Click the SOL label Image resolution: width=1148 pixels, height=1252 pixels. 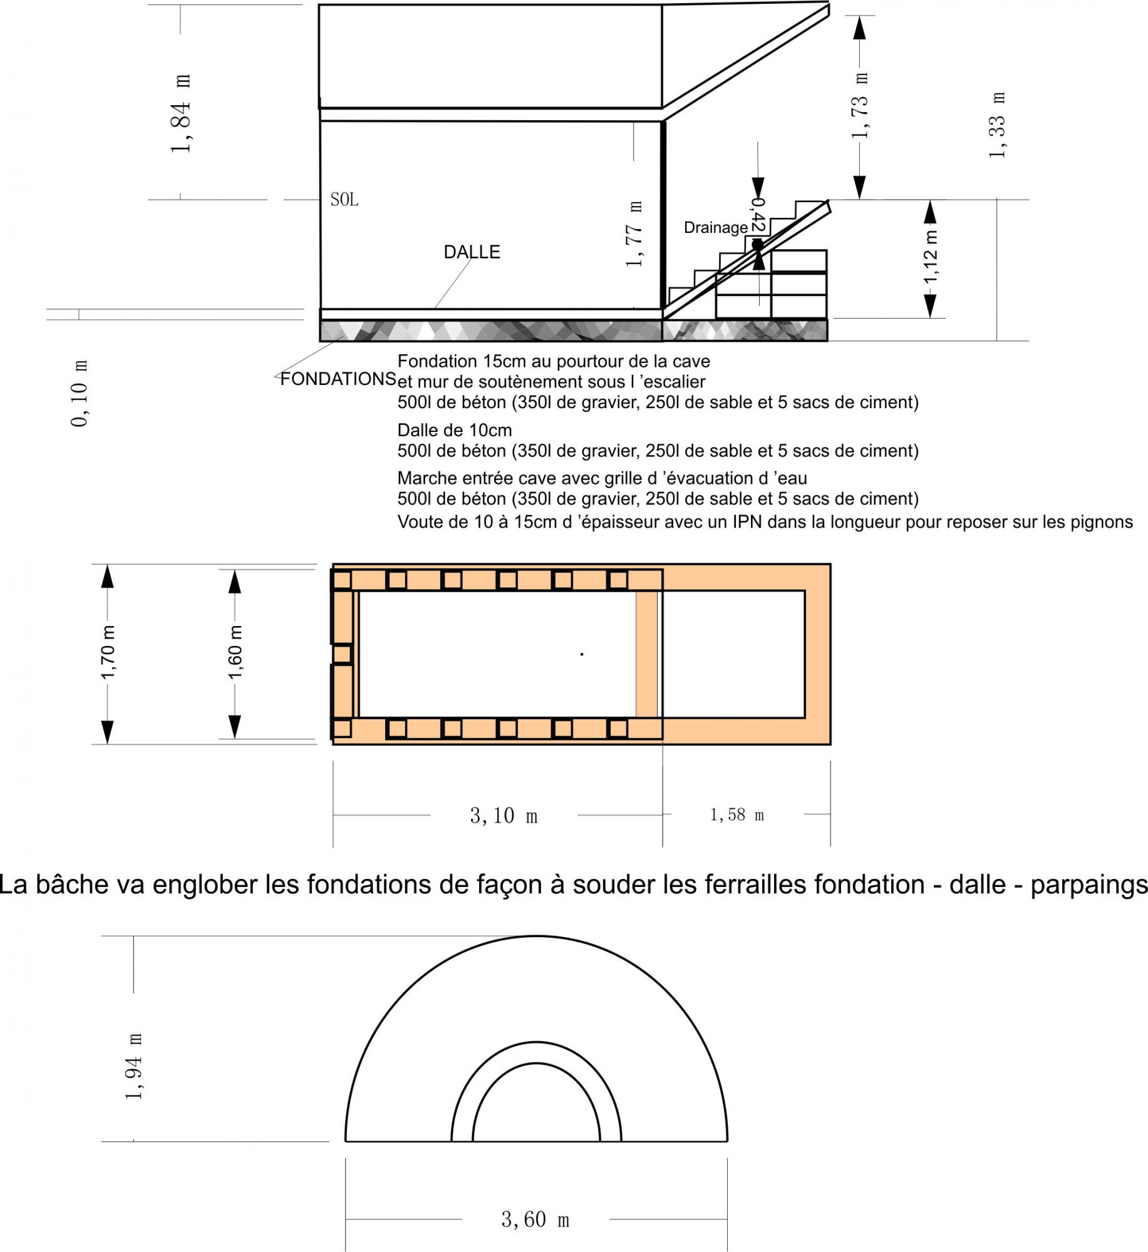click(344, 200)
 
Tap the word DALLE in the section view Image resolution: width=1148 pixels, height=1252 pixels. click(472, 252)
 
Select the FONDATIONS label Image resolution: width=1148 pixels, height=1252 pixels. click(338, 379)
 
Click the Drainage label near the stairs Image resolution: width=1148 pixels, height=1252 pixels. click(716, 228)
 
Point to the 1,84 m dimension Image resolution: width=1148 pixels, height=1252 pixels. click(181, 113)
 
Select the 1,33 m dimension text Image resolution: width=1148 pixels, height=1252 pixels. click(997, 125)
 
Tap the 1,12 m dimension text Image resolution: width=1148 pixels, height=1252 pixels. click(931, 256)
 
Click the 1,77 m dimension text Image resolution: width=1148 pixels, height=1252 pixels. click(634, 234)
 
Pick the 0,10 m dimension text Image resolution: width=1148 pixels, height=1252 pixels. click(80, 393)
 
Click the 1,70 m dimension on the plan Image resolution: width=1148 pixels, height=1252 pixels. click(108, 652)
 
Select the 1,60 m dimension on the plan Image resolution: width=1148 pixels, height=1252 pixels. click(235, 652)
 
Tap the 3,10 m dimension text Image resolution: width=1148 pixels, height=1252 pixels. click(504, 816)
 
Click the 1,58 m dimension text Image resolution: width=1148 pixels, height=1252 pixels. click(737, 814)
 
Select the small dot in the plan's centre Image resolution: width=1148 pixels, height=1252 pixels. click(582, 654)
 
